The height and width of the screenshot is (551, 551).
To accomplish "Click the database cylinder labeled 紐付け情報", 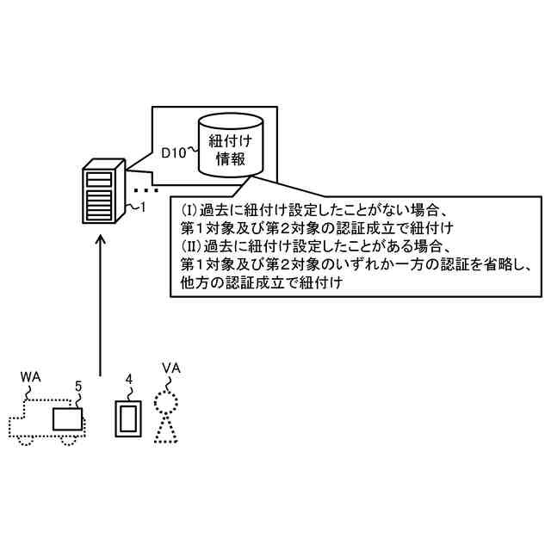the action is (x=230, y=146).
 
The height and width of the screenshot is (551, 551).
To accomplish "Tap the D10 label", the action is (x=175, y=152).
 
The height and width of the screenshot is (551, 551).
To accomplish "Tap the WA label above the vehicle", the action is (x=30, y=376).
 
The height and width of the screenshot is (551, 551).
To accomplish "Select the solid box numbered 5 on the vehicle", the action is (x=69, y=420).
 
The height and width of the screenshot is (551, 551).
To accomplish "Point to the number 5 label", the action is (x=78, y=387).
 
